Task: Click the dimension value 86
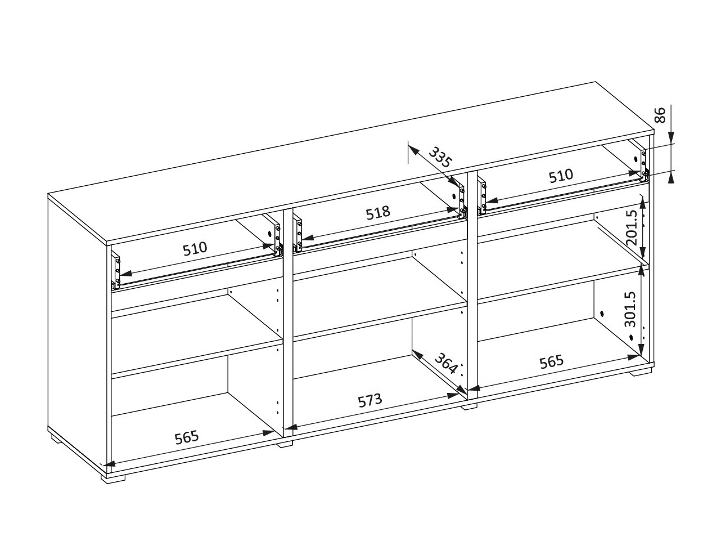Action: pos(661,115)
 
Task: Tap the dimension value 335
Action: pos(440,157)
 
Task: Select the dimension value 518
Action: pos(377,213)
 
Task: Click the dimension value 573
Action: pos(370,401)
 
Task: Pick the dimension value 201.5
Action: pos(631,227)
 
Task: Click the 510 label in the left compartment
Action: pos(195,248)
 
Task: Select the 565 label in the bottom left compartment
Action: pos(186,436)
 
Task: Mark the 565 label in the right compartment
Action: pos(551,361)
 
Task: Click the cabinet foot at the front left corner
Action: pos(113,479)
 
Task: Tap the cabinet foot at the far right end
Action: pos(641,372)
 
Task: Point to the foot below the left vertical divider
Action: pos(285,444)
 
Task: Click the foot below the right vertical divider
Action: pos(469,406)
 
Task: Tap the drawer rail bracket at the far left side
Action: pos(116,272)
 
